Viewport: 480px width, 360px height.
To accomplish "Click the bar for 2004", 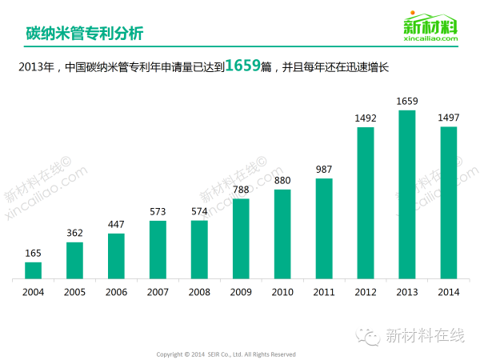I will click(33, 270).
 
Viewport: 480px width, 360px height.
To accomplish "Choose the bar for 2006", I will click(116, 256).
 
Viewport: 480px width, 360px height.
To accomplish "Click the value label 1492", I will click(366, 118).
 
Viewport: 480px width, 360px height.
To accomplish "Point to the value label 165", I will click(33, 254).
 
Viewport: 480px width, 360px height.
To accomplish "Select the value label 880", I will click(282, 181).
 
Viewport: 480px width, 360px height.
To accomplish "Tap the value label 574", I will click(199, 212).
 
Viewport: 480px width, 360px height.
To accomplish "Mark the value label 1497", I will click(449, 118).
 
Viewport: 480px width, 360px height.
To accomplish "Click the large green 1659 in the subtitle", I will click(243, 66).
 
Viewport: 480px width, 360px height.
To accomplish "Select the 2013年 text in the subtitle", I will click(37, 68).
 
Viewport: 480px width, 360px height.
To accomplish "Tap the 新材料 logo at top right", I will click(431, 25).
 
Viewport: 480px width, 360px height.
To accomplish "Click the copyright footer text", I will click(226, 354).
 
